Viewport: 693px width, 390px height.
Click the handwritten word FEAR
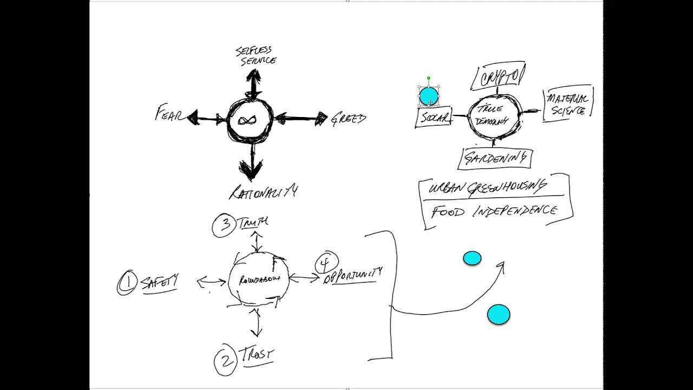point(169,114)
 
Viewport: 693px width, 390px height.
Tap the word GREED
point(349,119)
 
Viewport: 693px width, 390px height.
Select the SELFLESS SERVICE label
point(256,56)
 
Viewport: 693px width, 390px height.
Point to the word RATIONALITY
point(263,192)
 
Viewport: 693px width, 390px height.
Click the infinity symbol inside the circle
point(250,120)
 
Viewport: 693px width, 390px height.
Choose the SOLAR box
point(434,118)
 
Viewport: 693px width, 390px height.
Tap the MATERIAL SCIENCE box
point(567,104)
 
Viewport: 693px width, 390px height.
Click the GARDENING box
point(495,159)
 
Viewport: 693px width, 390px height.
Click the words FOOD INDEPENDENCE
point(494,211)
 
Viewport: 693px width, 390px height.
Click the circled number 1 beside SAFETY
point(128,283)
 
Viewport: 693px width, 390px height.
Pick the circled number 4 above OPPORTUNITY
point(326,263)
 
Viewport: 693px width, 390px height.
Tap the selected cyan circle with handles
point(429,96)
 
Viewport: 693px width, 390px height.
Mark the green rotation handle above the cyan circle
point(429,79)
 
